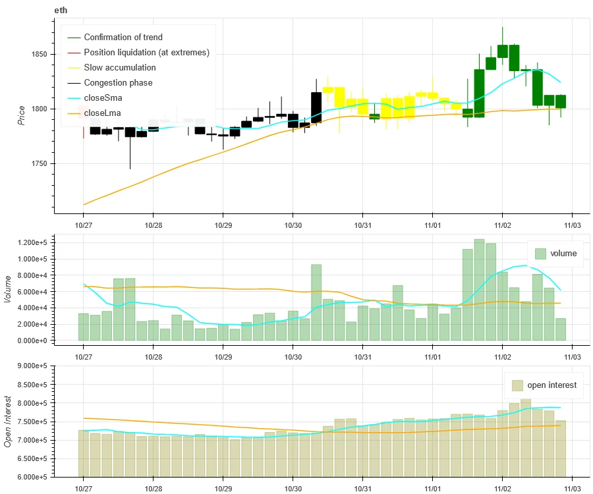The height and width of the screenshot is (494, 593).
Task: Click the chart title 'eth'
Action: click(x=61, y=11)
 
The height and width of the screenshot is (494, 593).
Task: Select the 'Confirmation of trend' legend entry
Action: click(x=123, y=38)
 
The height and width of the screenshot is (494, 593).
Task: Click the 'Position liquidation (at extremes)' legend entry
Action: click(x=146, y=53)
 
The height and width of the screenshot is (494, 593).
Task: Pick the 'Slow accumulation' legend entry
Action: click(x=120, y=68)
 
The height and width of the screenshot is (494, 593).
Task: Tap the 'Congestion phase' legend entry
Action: click(x=118, y=83)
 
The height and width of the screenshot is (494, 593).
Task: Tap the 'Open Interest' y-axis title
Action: click(x=9, y=421)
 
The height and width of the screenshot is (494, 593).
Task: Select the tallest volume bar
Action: click(x=479, y=290)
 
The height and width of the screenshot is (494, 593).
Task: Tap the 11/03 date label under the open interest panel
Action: click(x=572, y=487)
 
